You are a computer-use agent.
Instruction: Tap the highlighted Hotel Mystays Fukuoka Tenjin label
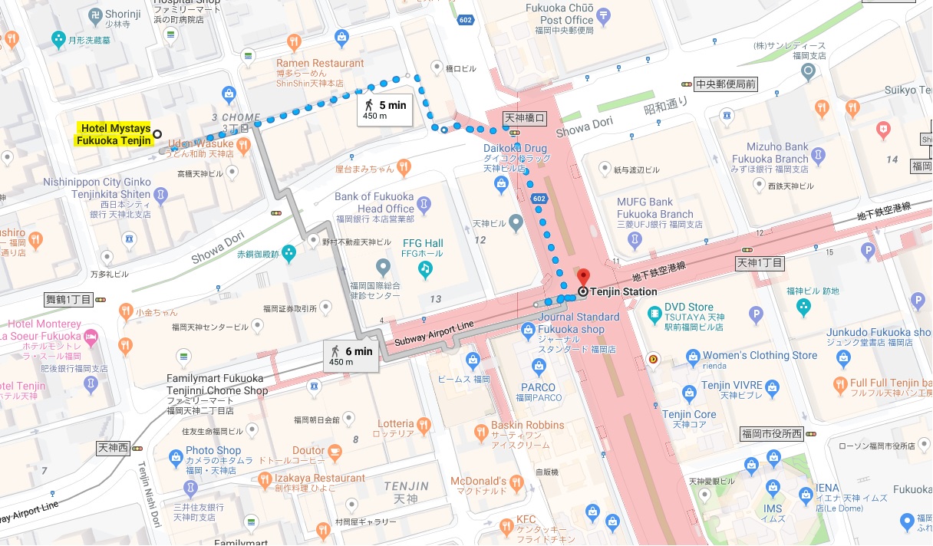(x=114, y=134)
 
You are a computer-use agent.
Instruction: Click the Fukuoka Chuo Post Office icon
(x=604, y=14)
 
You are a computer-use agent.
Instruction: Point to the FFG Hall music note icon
(x=424, y=269)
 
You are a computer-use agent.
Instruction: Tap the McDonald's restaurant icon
(x=517, y=482)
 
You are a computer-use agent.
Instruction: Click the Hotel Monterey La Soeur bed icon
(x=91, y=336)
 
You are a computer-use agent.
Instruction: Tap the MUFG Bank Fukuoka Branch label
(x=655, y=208)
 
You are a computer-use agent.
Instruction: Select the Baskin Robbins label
(x=529, y=425)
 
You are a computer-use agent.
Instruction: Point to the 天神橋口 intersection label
(x=525, y=118)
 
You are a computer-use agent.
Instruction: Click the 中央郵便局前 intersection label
(x=725, y=84)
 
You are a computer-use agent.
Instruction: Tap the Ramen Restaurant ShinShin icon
(x=293, y=41)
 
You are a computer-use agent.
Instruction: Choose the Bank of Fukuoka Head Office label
(x=374, y=202)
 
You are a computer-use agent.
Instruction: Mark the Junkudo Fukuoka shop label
(x=877, y=332)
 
